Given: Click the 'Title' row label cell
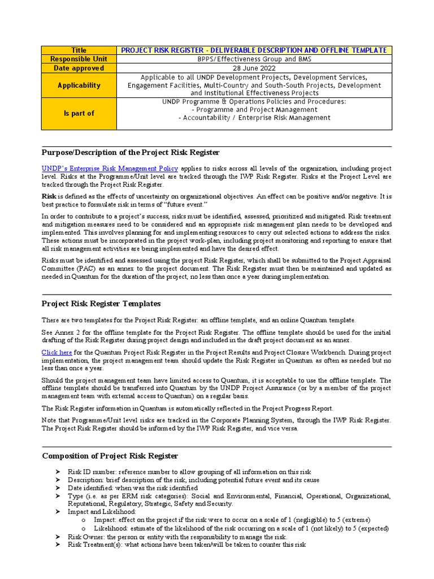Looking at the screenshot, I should coord(79,50).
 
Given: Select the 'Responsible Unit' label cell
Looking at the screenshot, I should coord(79,59).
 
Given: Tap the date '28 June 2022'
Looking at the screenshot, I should coord(254,68).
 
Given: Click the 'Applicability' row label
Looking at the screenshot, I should coord(79,85).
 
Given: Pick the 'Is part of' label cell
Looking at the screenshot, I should coord(79,114).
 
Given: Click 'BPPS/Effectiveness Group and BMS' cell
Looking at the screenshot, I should coord(254,59).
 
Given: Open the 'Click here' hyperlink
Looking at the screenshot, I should coord(57,352).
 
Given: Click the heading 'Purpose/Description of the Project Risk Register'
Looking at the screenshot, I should coord(131,153).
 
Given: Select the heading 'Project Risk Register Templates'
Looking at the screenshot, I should coord(101,304).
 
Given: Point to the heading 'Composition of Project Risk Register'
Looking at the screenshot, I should coord(110,456).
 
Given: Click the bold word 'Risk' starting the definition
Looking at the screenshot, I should coord(49,196).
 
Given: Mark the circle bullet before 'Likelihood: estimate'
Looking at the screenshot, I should coord(84,529).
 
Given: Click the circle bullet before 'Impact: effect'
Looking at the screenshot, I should coord(84,520).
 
